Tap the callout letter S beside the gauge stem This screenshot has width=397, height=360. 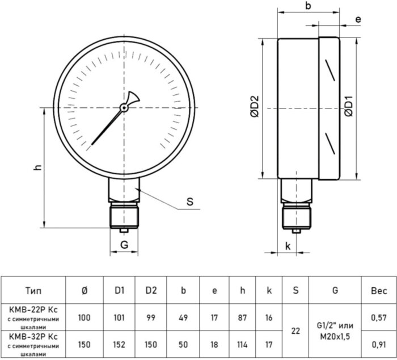(190, 201)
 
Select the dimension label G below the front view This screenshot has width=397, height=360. (124, 245)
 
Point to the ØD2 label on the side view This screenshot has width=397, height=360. (255, 106)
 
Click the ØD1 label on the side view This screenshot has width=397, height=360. (350, 106)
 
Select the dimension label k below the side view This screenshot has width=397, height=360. (288, 246)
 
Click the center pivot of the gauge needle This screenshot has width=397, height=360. (124, 107)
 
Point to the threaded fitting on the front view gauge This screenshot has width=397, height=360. (124, 215)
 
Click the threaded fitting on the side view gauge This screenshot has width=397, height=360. (296, 216)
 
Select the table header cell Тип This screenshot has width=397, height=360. (33, 291)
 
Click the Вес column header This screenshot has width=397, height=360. (378, 291)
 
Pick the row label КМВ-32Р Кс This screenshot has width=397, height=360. (33, 337)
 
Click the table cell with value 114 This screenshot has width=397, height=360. (242, 344)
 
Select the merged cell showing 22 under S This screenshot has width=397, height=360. (295, 330)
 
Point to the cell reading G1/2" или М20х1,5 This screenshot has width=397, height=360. (335, 330)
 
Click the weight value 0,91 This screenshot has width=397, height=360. (378, 344)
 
